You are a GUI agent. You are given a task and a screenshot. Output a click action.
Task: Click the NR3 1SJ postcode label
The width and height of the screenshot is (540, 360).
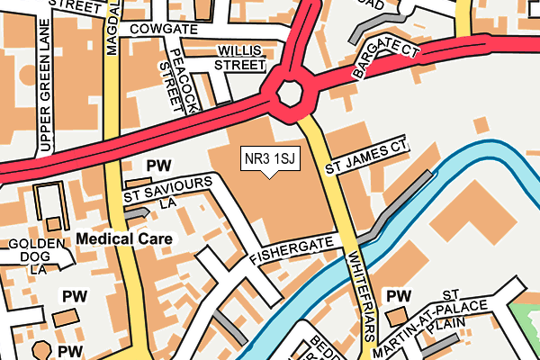pos(269,159)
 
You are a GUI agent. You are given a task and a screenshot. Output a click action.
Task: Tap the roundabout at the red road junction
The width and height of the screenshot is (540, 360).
pos(291,93)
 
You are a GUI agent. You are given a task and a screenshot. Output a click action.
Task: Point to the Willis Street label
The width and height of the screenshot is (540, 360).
pos(238,58)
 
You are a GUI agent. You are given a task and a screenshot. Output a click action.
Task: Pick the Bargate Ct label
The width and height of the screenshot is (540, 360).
pos(385,58)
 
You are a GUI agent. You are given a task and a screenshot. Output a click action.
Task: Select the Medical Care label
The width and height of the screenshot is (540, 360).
pos(125,238)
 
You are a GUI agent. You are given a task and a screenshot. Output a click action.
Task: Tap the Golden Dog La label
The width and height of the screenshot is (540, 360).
pos(36,256)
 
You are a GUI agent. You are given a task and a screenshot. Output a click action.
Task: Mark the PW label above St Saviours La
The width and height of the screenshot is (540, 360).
pos(158,166)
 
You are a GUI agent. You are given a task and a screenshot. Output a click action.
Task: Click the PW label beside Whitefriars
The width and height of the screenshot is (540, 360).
pos(398,295)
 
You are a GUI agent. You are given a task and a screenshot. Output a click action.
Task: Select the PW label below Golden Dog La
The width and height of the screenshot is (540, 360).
pos(72,295)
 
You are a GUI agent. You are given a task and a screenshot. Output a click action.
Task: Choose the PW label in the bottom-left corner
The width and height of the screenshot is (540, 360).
pos(71,350)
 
